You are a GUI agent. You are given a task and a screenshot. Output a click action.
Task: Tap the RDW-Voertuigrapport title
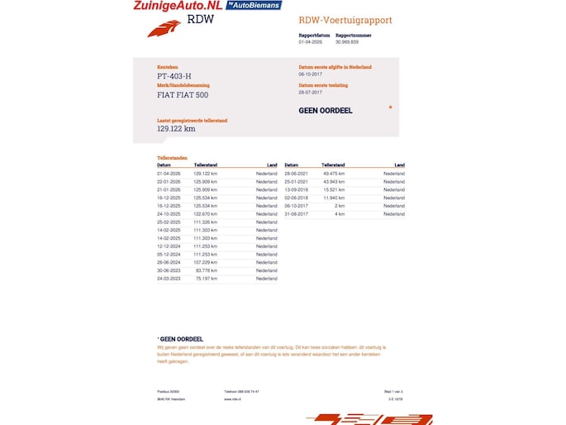pos(345,20)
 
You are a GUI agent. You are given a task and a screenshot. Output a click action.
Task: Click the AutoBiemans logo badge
pos(254,5)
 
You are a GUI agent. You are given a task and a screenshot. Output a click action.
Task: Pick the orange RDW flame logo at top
pos(164,30)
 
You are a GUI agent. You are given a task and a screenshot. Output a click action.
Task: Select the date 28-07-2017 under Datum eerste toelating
pos(311,93)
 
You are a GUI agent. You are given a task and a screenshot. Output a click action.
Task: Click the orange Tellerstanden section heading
pos(172,157)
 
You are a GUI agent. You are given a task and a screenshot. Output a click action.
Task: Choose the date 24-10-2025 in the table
pos(169,214)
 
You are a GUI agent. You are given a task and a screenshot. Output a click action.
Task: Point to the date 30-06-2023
pos(169,270)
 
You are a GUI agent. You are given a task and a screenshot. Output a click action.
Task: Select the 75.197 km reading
pos(207,279)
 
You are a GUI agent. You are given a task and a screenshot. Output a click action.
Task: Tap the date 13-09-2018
pos(296,189)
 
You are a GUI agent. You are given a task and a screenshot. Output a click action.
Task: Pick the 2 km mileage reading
pos(340,206)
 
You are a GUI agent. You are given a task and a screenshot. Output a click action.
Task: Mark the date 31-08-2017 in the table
pos(296,214)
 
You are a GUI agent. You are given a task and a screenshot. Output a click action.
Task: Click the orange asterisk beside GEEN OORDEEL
pos(390,107)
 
